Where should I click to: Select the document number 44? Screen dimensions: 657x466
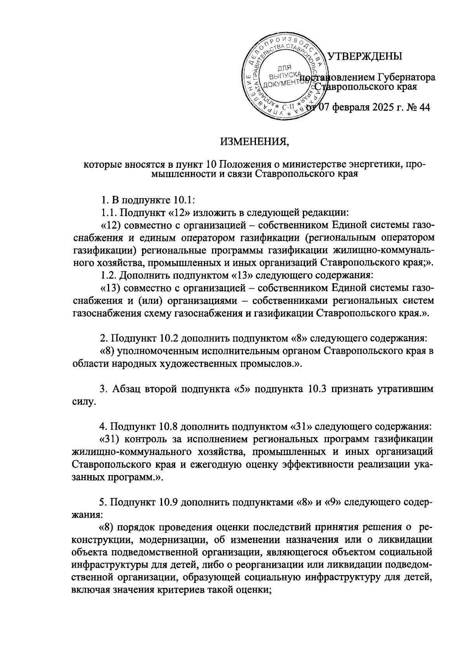[424, 108]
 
